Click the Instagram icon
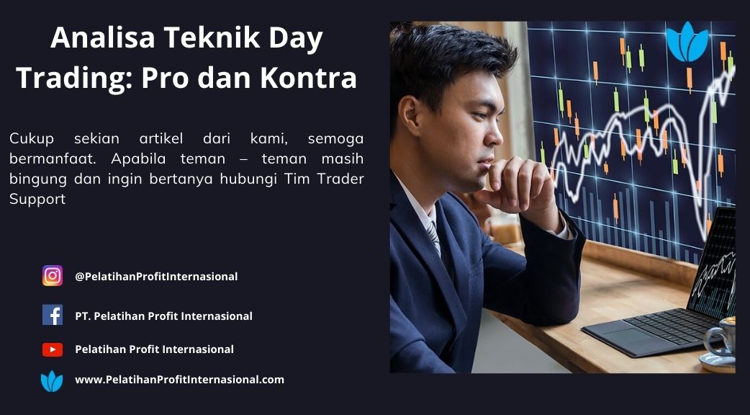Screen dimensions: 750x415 53,276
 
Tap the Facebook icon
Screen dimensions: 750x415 53,315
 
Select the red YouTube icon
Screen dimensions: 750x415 53,349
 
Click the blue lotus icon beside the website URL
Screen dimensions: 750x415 52,381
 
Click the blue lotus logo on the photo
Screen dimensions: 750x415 687,42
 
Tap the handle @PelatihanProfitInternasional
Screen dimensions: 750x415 156,276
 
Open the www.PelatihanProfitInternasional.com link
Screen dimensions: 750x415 179,380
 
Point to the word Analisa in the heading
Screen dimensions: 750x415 103,37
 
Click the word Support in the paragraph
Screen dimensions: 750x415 37,200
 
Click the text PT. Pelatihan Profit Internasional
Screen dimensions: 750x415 163,316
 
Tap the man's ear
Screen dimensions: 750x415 409,115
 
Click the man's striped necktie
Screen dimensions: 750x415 433,238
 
